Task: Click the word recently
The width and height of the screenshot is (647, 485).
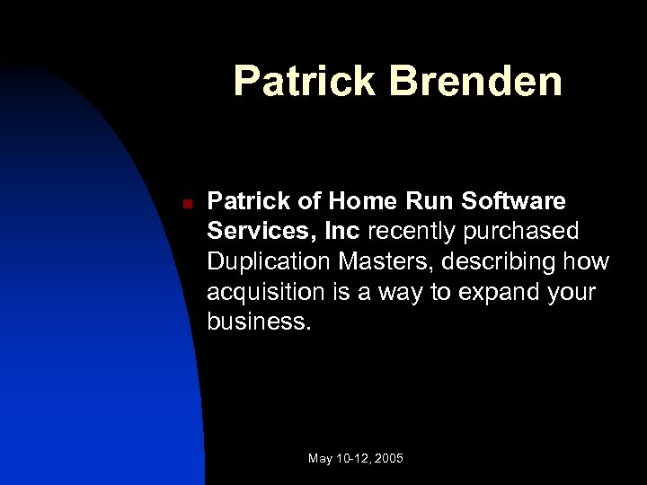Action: (414, 233)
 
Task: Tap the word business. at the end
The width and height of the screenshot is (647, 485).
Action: (261, 322)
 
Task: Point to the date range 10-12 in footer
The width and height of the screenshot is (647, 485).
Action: (353, 459)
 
